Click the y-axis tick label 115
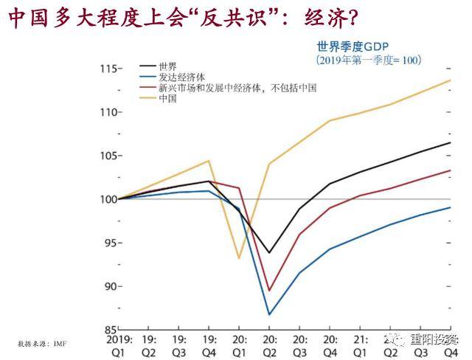(108, 69)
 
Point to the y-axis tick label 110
(108, 112)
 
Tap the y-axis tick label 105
(108, 156)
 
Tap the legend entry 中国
(167, 97)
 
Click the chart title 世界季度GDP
(347, 46)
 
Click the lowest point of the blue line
(269, 315)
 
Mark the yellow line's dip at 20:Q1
(239, 258)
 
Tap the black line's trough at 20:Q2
(269, 253)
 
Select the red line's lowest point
(269, 291)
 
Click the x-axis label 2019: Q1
(118, 346)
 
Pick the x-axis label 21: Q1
(360, 346)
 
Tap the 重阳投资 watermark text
(434, 339)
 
